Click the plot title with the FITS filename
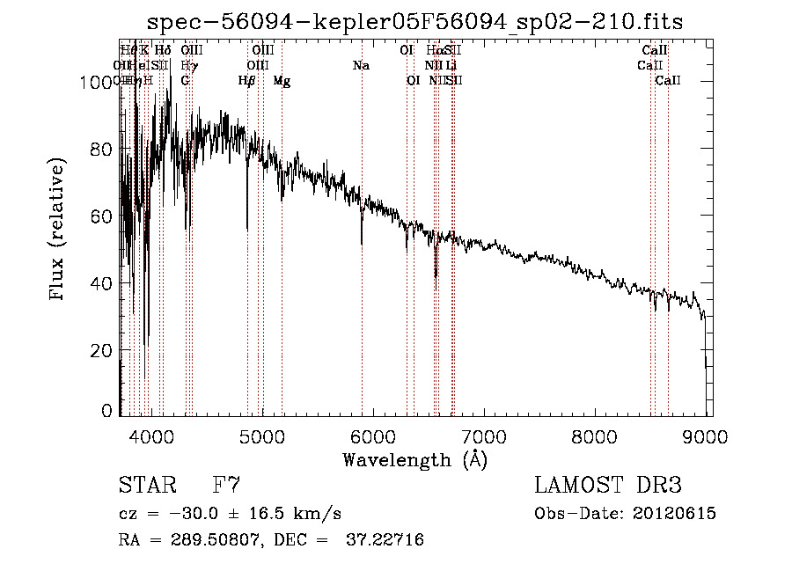[414, 21]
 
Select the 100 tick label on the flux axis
[91, 83]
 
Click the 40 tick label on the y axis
[101, 283]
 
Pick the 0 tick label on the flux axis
[107, 411]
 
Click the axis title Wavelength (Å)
[414, 459]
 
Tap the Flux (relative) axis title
[59, 231]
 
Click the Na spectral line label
[361, 66]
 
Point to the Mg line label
[282, 81]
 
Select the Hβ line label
[247, 81]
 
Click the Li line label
[451, 66]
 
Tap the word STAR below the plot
[146, 486]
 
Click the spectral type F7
[227, 486]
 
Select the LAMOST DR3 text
[608, 486]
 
